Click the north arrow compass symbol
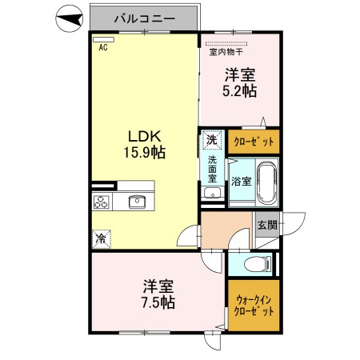(70, 19)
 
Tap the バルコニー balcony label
(144, 17)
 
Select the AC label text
(103, 47)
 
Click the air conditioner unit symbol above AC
(103, 38)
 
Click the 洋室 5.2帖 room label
(239, 83)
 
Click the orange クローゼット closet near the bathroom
(254, 142)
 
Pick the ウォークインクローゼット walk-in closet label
(254, 307)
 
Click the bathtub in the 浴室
(267, 182)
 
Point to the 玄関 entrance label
(267, 225)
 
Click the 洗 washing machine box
(210, 138)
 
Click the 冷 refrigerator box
(102, 238)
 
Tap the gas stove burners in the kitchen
(102, 202)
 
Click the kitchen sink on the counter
(137, 202)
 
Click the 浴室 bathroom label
(241, 182)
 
